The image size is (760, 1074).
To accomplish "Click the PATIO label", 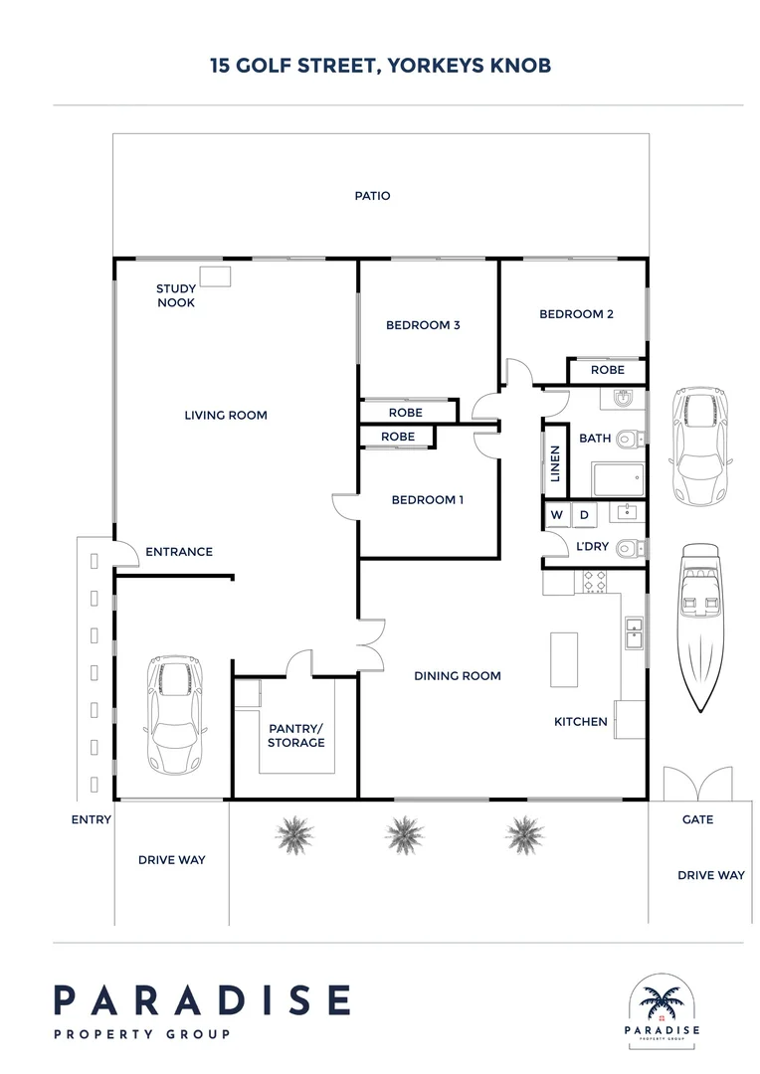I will coord(373,196).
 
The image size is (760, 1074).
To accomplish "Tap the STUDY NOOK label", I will coord(175,296).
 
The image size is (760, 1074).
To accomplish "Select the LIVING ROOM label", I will coord(226,415).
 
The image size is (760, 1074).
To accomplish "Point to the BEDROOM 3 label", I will coord(423,325).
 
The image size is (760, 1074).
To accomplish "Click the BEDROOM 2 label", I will coord(576,314).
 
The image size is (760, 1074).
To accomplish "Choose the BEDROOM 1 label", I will coord(427,500).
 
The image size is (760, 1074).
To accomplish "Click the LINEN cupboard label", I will coord(555,462).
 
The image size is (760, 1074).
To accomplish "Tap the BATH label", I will coord(595,438).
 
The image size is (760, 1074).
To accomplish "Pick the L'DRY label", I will coord(593,547).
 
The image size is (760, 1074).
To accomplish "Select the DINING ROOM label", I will coord(458,676).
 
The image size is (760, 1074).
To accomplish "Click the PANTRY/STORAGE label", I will coord(296,735).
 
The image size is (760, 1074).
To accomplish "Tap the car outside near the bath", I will coord(700,445).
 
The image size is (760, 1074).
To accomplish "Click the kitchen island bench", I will coord(564,659).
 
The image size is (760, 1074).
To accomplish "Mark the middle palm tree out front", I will coord(404,832).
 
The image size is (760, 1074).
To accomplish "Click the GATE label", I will coord(697,820).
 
